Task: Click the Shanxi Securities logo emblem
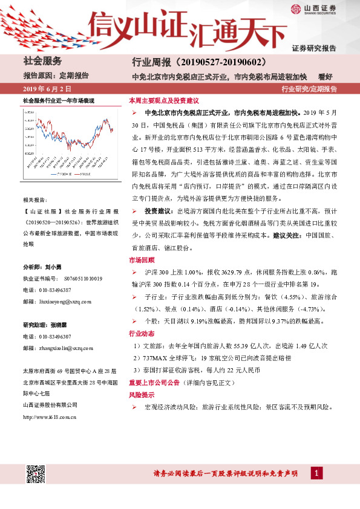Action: tap(296, 8)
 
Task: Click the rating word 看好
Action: tap(325, 76)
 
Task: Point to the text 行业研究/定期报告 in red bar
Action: tap(309, 89)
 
